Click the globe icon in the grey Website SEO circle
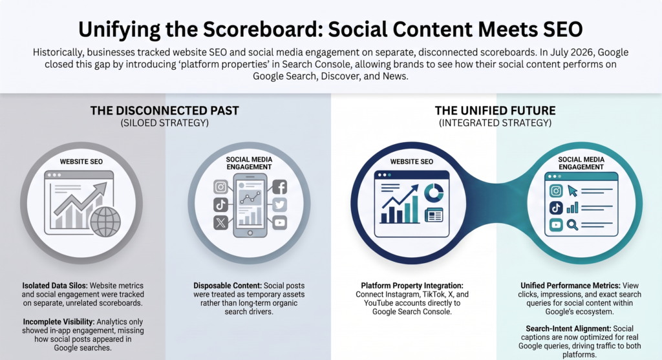pyautogui.click(x=105, y=222)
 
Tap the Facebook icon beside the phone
pyautogui.click(x=279, y=187)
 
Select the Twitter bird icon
pyautogui.click(x=279, y=205)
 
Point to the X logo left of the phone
pyautogui.click(x=221, y=222)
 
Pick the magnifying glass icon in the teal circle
pyautogui.click(x=572, y=224)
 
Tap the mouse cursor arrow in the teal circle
pyautogui.click(x=573, y=191)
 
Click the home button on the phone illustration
pyautogui.click(x=250, y=233)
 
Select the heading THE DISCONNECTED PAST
pyautogui.click(x=165, y=111)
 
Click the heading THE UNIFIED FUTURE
pyautogui.click(x=495, y=111)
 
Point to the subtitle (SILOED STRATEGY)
pyautogui.click(x=165, y=123)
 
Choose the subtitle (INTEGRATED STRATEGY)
pyautogui.click(x=495, y=123)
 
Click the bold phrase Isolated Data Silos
pyautogui.click(x=56, y=286)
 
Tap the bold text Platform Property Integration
pyautogui.click(x=412, y=286)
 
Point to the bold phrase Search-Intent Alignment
pyautogui.click(x=568, y=328)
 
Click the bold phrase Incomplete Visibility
pyautogui.click(x=59, y=322)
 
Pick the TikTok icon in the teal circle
pyautogui.click(x=556, y=207)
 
